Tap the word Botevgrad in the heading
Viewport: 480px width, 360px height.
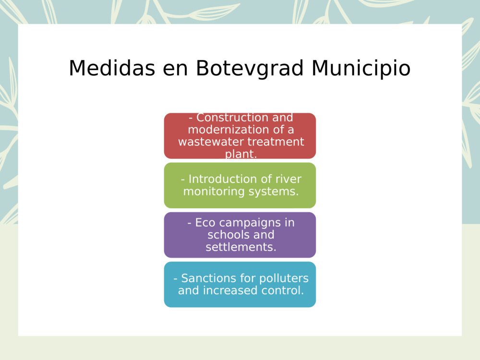coord(250,68)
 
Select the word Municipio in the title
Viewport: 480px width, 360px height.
coord(361,68)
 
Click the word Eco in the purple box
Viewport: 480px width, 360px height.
coord(205,223)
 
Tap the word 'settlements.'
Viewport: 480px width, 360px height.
coord(241,247)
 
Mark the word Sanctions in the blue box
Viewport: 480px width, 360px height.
coord(207,278)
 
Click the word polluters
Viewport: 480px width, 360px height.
coord(284,278)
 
